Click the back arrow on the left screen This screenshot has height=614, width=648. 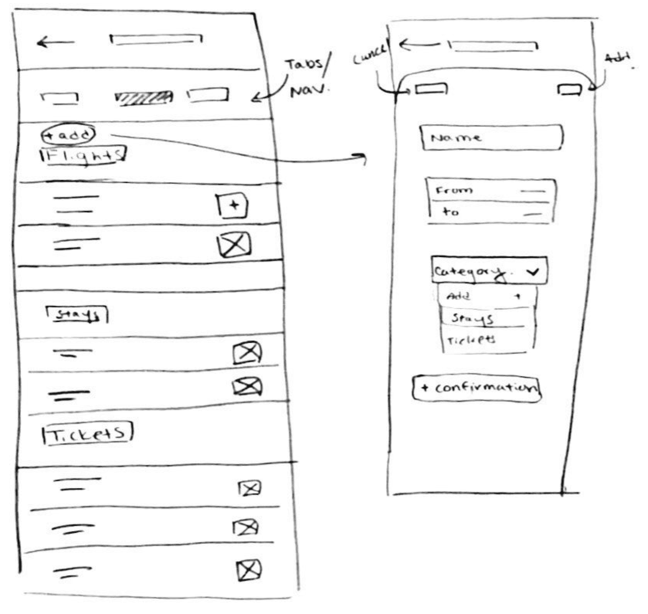pos(55,42)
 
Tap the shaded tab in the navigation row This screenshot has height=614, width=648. pos(144,97)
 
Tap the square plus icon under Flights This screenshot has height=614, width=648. pos(233,206)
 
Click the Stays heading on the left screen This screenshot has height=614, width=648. pos(76,315)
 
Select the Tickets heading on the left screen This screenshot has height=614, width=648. pos(88,434)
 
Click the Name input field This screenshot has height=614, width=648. pos(492,137)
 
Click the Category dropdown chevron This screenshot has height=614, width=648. pos(532,272)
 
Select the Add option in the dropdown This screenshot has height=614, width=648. pos(487,296)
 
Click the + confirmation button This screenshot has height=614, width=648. pos(476,388)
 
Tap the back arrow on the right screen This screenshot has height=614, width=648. pos(418,45)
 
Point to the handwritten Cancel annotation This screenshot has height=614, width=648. pos(369,55)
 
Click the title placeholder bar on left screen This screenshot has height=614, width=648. pos(156,39)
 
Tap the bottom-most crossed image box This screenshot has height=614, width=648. pos(248,570)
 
